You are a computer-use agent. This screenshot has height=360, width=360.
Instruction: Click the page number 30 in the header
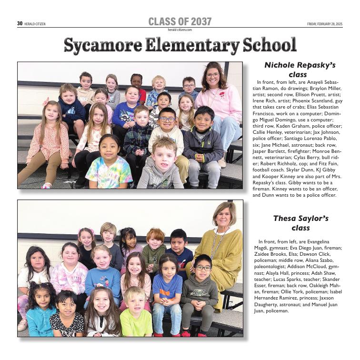20,23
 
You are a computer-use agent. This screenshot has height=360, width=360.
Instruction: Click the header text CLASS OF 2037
180,21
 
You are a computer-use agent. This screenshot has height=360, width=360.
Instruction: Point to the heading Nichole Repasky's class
300,70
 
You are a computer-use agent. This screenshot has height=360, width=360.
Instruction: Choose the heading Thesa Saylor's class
300,223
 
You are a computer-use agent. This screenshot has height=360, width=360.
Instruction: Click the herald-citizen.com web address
180,30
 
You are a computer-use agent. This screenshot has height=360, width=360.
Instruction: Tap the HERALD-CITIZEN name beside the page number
35,24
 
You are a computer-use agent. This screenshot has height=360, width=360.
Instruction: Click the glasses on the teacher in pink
213,75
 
